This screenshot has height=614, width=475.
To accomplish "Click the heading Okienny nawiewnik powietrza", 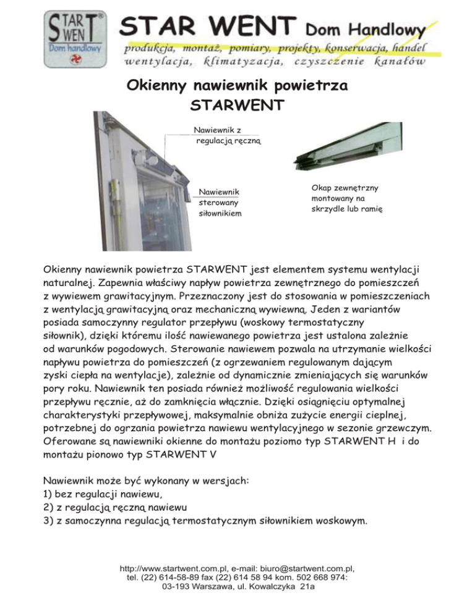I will coord(237,85).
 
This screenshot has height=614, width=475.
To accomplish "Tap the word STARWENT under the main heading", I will coord(237,106).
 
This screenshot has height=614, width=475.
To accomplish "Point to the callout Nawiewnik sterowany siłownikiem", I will coord(218,201).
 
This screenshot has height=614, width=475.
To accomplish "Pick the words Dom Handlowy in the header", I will coord(366,29).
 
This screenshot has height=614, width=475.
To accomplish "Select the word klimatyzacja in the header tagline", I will coord(250,62).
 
